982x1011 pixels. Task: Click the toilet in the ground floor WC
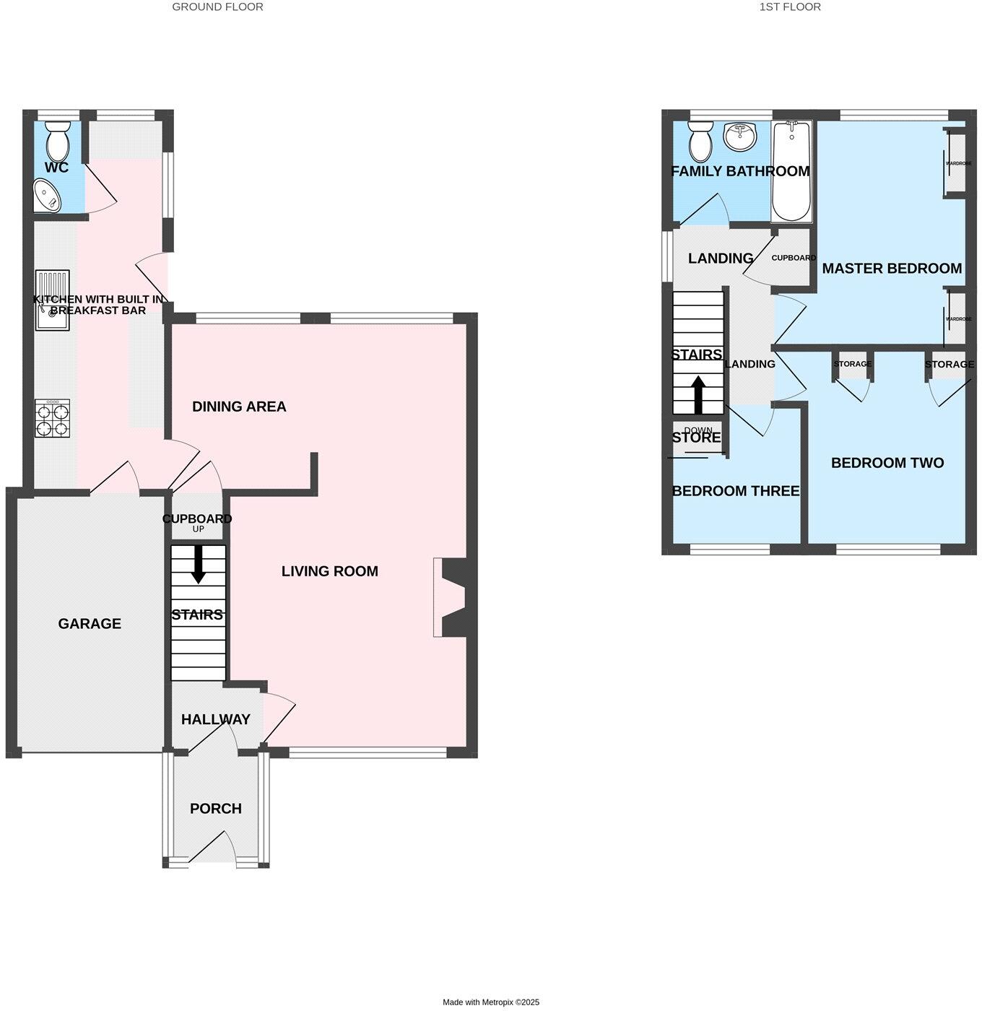pos(57,142)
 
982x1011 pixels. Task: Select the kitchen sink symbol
pos(53,299)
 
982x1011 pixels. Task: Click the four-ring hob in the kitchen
pos(53,418)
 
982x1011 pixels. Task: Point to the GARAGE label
pos(90,623)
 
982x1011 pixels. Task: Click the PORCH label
pos(215,808)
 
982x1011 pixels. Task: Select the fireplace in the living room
pos(452,597)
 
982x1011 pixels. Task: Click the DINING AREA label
pos(239,407)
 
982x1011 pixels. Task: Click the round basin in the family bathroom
pos(739,136)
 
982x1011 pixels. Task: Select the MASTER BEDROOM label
pos(892,269)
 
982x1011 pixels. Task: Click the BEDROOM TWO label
pos(887,463)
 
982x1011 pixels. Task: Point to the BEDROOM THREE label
pos(736,491)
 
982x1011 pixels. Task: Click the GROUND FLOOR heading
pos(217,6)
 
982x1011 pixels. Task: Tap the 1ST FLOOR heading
pos(790,6)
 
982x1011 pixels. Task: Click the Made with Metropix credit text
pos(491,1002)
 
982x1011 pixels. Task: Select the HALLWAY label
pos(215,719)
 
